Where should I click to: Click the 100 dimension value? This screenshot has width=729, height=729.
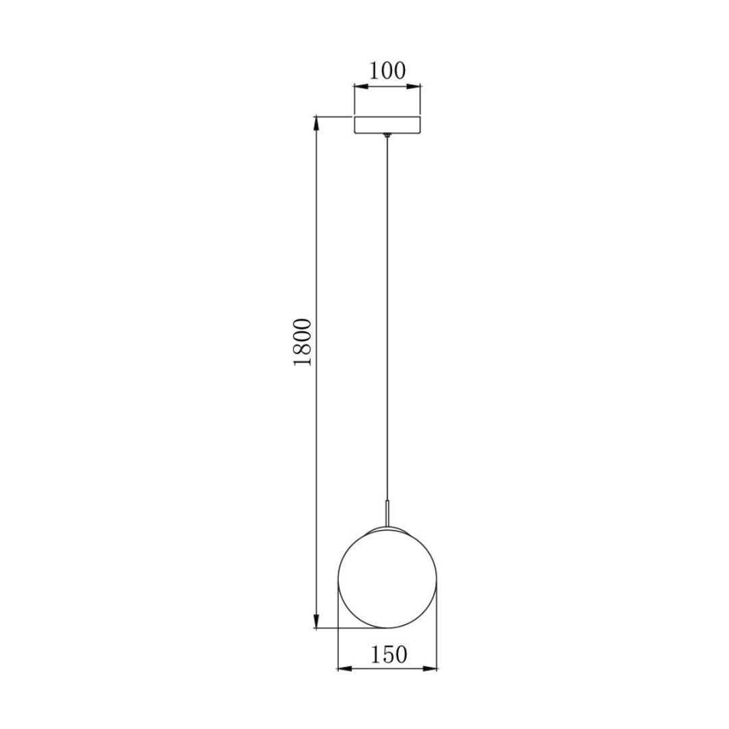387,71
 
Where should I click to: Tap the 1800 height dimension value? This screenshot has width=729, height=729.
304,342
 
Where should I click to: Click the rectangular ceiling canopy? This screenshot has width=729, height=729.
387,126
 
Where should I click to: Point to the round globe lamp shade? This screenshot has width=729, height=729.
387,578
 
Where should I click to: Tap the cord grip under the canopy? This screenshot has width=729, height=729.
387,137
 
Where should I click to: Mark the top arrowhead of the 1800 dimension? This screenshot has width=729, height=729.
315,123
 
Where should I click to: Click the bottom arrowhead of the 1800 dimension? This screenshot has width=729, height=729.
315,622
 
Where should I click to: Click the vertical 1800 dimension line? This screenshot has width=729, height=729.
315,439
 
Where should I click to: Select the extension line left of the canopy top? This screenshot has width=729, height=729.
334,117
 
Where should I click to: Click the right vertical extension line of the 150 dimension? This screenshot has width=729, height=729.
438,628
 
